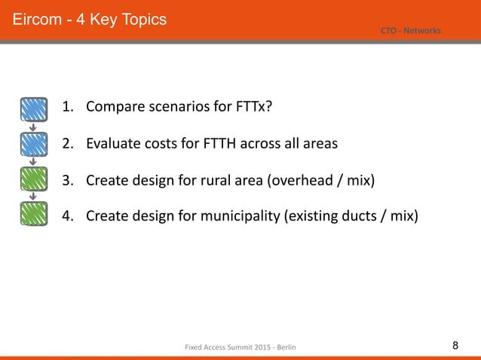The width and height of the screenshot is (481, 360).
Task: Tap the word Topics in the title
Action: [139, 17]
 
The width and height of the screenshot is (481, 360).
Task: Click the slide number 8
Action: [455, 346]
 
